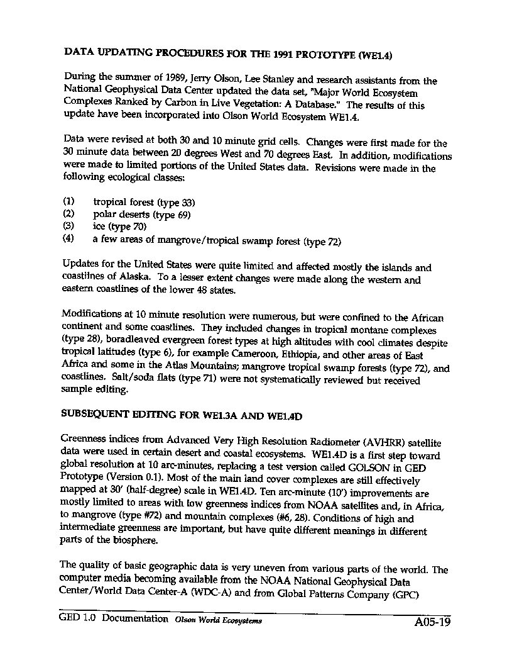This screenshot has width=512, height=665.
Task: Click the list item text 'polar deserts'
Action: tap(121, 214)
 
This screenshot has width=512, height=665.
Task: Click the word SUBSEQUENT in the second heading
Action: tap(95, 416)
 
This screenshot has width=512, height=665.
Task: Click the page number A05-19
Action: tap(432, 623)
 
